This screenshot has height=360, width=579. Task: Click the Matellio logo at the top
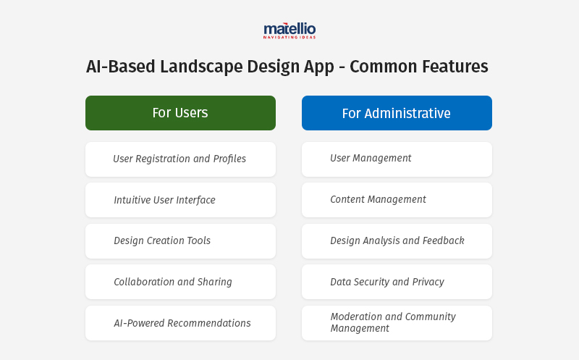[x=289, y=30]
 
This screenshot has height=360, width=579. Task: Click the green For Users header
[x=180, y=113]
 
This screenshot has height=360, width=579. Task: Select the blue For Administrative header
[x=397, y=113]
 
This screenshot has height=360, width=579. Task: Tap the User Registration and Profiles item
[x=180, y=159]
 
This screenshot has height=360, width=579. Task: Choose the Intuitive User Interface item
[x=180, y=200]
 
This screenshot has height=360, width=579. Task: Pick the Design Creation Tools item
[x=180, y=240]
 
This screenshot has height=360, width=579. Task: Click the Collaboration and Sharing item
[x=180, y=282]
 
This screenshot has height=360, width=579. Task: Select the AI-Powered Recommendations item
[x=180, y=323]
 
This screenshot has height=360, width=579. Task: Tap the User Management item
[x=397, y=159]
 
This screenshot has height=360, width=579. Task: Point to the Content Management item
[x=397, y=200]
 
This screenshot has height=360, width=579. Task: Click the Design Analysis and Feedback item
[x=397, y=240]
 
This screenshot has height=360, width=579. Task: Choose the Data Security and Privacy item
[x=397, y=282]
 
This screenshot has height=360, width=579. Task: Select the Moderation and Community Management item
[x=397, y=323]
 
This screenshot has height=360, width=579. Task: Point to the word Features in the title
[x=454, y=67]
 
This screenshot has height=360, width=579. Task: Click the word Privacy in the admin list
[x=428, y=282]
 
